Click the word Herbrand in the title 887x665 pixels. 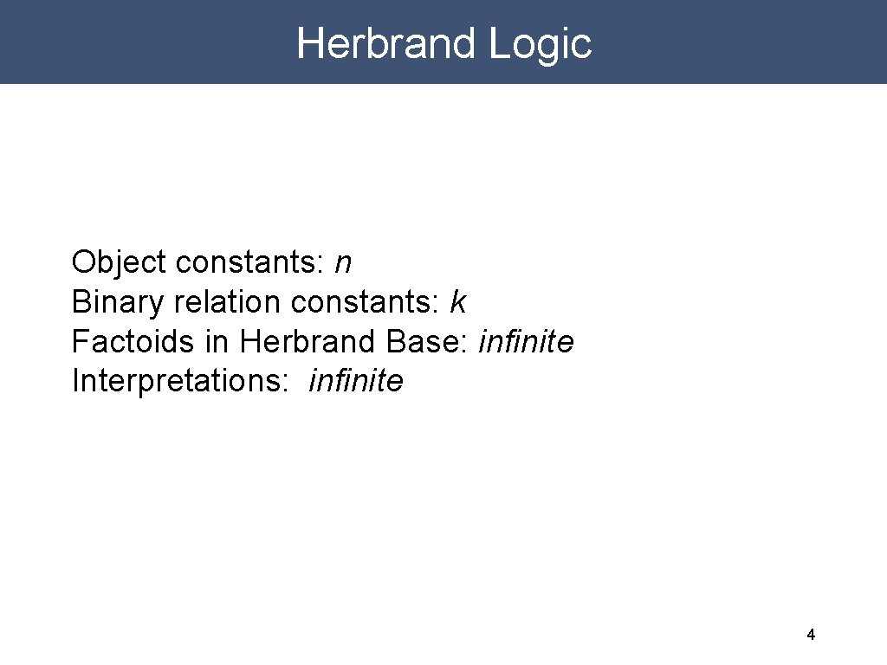coord(387,43)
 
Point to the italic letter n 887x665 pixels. coord(343,263)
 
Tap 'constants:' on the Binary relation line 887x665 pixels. coord(366,302)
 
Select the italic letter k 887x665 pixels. coord(458,302)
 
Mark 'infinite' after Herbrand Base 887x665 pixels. coord(526,342)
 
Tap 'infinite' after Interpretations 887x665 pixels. coord(356,381)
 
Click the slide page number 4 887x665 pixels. coord(811,635)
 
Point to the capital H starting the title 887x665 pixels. coord(310,43)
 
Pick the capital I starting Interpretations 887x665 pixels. coord(75,381)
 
